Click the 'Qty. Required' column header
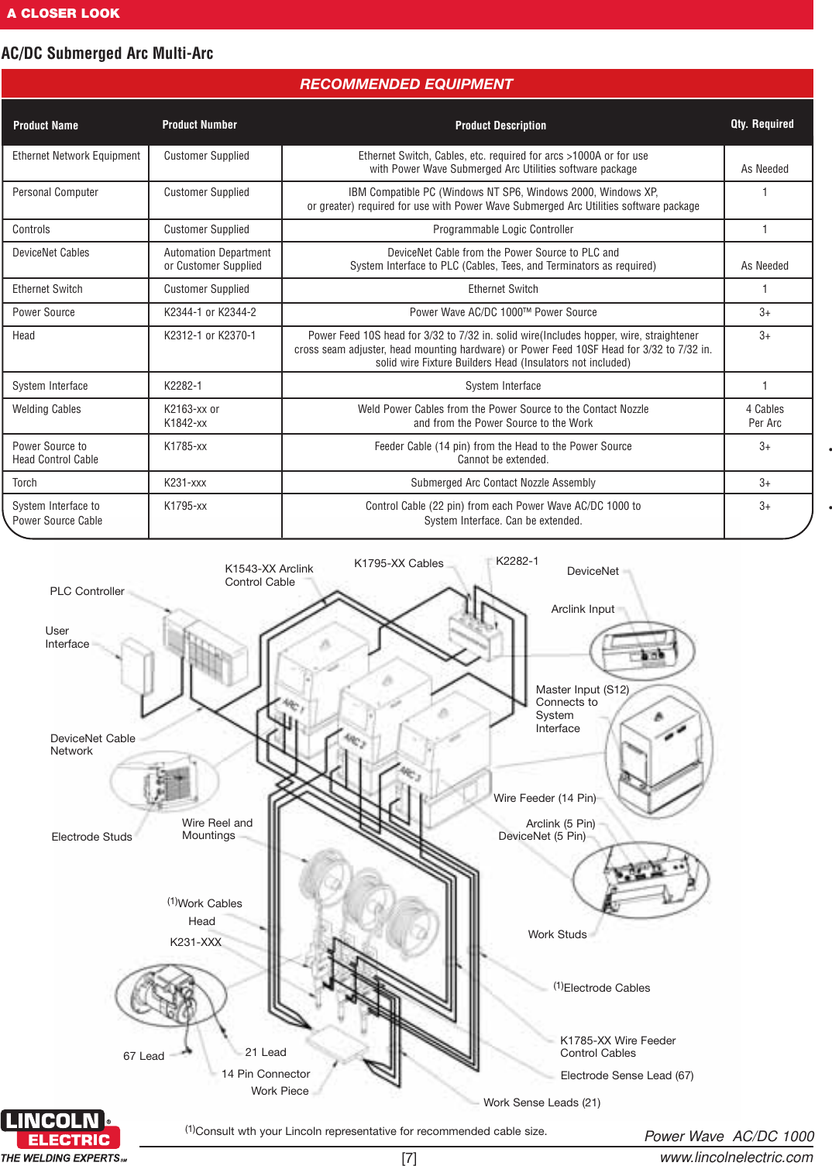(762, 124)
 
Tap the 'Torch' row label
(25, 483)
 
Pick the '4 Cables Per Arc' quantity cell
(765, 416)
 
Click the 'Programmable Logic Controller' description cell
(503, 229)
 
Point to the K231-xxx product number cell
(185, 483)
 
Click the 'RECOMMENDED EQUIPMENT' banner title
(406, 84)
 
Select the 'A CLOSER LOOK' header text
(64, 13)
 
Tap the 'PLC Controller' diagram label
(87, 591)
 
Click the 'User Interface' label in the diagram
(67, 638)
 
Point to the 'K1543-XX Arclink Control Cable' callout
(269, 575)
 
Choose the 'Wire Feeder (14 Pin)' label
(545, 798)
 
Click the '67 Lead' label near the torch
(143, 1056)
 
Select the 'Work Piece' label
(280, 1091)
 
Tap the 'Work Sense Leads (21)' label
(541, 1102)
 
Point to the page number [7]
(409, 1157)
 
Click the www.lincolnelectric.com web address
(736, 1157)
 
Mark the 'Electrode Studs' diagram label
(91, 837)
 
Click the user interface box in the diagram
(138, 666)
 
